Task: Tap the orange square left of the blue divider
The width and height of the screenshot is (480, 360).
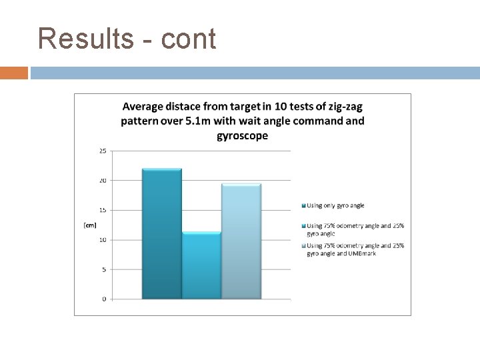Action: [14, 72]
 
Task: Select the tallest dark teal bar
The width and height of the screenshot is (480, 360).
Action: [162, 233]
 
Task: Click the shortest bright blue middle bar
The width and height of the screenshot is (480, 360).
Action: [201, 265]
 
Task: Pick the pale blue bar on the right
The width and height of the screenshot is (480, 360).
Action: [241, 241]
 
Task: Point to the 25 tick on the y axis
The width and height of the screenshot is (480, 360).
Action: [102, 151]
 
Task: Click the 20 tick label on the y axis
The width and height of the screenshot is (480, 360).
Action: [102, 180]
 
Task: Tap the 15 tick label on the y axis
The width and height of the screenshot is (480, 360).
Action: [102, 210]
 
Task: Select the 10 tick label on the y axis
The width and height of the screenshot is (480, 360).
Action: [102, 239]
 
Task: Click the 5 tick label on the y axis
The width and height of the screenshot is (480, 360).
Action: [103, 269]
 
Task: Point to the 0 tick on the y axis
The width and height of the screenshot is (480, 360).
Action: [103, 299]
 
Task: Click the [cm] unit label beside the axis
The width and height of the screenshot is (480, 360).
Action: [89, 225]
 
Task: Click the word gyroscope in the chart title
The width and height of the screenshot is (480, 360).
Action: [243, 135]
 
